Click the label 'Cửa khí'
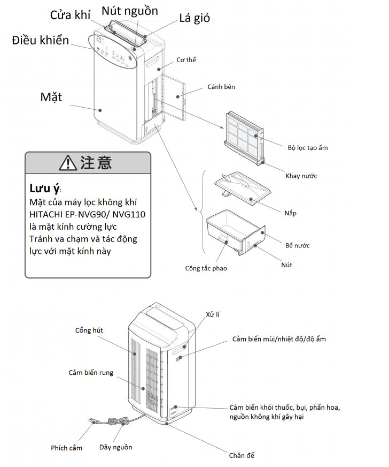tap(71, 14)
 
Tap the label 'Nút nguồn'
tap(130, 11)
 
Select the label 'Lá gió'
tap(194, 18)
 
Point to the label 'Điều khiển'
tap(40, 40)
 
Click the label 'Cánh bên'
tap(221, 87)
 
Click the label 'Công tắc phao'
tap(206, 268)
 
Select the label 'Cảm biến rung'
tap(91, 372)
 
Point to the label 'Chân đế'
tap(242, 455)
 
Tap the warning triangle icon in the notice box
tap(68, 162)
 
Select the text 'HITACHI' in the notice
tap(49, 214)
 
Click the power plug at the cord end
tap(92, 422)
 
